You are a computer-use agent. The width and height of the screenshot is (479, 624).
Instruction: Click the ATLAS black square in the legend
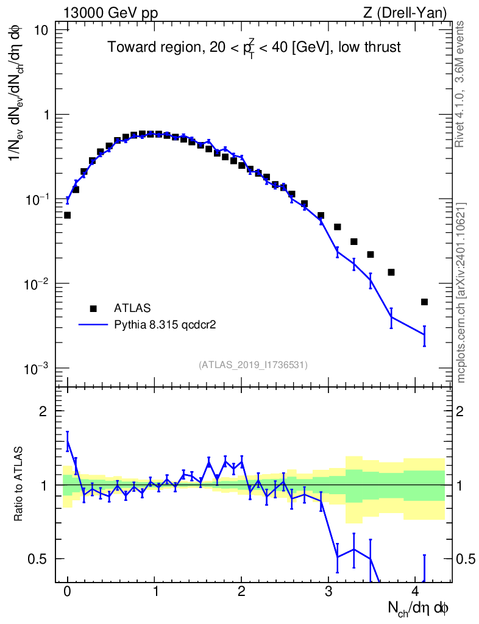93,308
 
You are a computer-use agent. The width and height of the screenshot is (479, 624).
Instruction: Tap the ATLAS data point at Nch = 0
67,215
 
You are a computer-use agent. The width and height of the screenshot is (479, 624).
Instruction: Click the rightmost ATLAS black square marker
424,302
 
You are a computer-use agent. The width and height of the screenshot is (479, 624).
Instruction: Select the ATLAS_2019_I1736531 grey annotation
253,365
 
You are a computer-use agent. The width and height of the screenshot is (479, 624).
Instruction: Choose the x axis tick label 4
415,590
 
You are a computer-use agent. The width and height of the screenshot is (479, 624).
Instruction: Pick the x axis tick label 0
67,590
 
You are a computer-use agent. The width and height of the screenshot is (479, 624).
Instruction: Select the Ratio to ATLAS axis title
20,485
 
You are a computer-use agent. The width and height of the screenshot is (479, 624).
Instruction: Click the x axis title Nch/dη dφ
419,608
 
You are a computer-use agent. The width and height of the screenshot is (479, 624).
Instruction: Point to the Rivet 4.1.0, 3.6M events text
461,83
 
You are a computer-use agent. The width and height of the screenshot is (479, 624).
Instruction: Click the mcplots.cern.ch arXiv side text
461,292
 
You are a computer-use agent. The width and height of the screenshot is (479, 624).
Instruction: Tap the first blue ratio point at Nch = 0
67,441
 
